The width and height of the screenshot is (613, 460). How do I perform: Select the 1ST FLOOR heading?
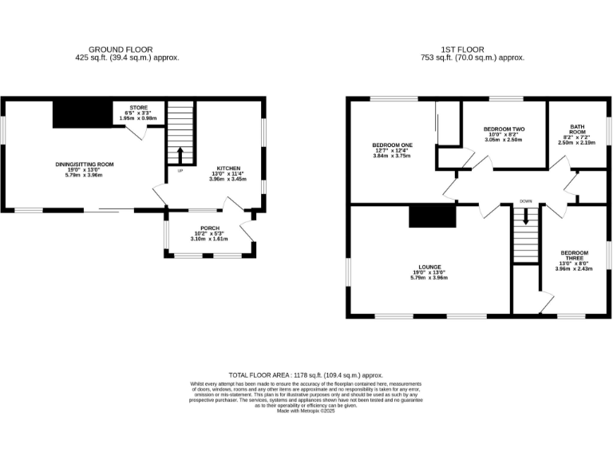(x=472, y=50)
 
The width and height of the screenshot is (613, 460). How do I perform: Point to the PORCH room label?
(x=210, y=228)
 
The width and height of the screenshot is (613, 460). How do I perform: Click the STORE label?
(x=138, y=108)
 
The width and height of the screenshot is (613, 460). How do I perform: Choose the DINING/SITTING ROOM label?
(x=85, y=164)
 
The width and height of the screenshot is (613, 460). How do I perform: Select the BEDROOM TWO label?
(x=503, y=129)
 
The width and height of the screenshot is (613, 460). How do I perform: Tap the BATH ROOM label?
(x=577, y=129)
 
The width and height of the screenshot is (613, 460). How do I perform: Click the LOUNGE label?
(x=429, y=267)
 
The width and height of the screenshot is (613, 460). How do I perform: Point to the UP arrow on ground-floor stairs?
(x=180, y=153)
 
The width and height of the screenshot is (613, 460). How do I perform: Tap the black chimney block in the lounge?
(x=432, y=216)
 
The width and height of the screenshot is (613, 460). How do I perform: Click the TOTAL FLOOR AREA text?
(x=306, y=375)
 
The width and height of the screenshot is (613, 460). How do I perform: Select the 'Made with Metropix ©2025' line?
(x=306, y=410)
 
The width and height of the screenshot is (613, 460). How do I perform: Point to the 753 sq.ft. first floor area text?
(x=472, y=57)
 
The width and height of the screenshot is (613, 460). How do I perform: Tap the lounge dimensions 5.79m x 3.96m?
(x=429, y=278)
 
